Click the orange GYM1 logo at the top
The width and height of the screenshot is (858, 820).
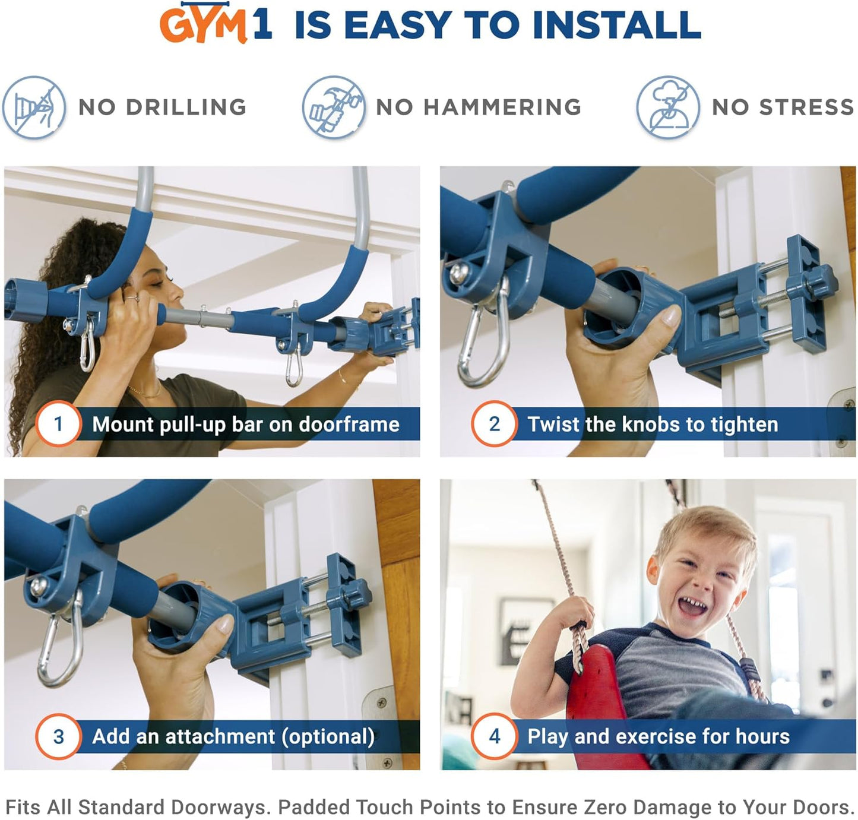pos(215,24)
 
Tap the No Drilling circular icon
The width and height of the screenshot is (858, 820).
pos(34,107)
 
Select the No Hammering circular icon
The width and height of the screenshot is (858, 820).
pos(333,107)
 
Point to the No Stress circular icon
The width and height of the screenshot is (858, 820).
pos(668,107)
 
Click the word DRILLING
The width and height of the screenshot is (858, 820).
pos(186,107)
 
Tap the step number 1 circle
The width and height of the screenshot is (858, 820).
pos(58,424)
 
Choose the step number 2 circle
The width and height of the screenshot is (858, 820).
pos(494,424)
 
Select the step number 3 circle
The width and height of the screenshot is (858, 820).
pos(58,736)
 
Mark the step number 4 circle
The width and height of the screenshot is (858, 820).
pos(494,736)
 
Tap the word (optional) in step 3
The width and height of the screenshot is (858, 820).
pos(328,737)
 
